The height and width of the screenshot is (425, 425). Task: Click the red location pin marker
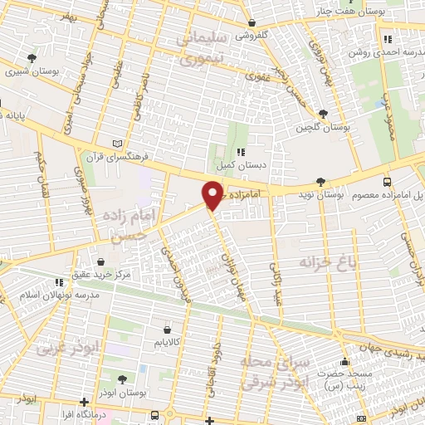(212, 196)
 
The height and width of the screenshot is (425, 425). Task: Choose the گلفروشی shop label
(252, 36)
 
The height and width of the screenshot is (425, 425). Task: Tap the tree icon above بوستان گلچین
(322, 113)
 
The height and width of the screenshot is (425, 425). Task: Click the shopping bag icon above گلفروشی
(252, 22)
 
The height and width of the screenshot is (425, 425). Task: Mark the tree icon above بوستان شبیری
(32, 58)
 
